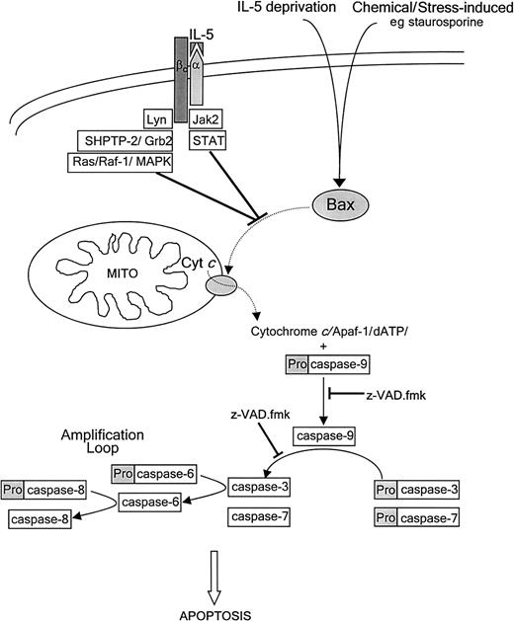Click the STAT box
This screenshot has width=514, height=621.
206,141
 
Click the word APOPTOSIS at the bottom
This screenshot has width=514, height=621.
257,612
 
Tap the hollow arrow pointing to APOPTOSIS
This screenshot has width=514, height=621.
257,573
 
